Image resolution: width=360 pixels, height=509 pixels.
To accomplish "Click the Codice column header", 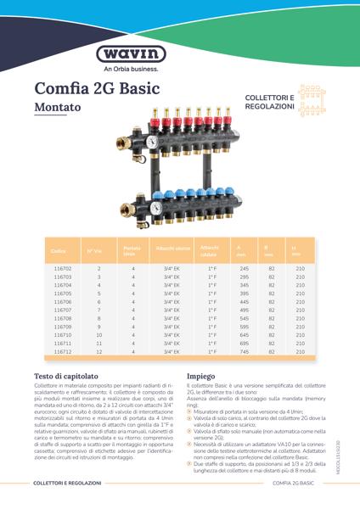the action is (58, 251).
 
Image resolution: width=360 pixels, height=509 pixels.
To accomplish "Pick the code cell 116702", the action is (62, 268).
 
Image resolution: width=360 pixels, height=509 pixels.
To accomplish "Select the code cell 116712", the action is (62, 351).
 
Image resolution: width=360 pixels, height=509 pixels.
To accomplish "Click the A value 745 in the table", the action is (245, 351).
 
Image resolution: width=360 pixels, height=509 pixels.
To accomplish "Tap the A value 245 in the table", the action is (245, 268).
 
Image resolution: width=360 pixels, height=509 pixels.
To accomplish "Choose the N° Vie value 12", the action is (98, 351).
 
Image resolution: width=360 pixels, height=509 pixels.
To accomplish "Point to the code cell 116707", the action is (62, 310).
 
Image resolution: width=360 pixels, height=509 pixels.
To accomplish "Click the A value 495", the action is (245, 310).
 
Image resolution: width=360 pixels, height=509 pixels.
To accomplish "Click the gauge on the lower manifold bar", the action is (156, 207).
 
